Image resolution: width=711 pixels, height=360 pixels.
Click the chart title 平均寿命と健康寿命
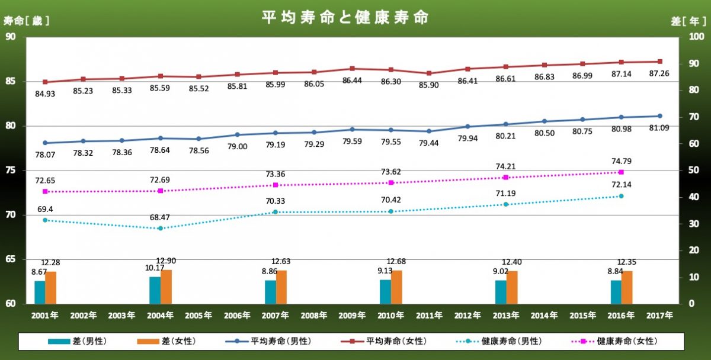tap(345, 17)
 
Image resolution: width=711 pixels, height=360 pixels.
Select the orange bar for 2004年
tap(166, 287)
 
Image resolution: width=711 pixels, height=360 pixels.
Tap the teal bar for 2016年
tap(616, 292)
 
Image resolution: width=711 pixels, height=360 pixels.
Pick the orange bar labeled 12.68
tap(396, 287)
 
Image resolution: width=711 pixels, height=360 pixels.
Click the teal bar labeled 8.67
tap(40, 292)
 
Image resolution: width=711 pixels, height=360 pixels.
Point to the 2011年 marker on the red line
tap(429, 73)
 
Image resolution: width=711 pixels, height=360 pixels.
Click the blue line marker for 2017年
tap(660, 116)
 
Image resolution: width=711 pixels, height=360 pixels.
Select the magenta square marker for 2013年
tap(506, 177)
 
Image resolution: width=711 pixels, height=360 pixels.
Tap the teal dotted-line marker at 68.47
tap(161, 229)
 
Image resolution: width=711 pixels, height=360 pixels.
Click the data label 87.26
tap(659, 73)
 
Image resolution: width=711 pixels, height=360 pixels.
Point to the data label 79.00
tap(237, 146)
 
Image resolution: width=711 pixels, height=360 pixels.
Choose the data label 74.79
tap(622, 161)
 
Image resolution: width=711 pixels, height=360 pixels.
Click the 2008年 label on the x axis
tap(314, 315)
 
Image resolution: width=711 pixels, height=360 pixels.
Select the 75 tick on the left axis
tap(11, 171)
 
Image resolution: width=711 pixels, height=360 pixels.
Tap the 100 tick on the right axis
tap(696, 37)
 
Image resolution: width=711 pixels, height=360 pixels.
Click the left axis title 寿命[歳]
tap(26, 21)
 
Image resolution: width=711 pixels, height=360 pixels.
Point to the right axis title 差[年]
tap(688, 21)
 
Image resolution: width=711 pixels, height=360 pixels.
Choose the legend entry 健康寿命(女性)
tap(614, 341)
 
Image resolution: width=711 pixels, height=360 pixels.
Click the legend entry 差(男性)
tap(77, 341)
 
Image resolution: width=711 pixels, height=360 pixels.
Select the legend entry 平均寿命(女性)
tap(383, 341)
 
